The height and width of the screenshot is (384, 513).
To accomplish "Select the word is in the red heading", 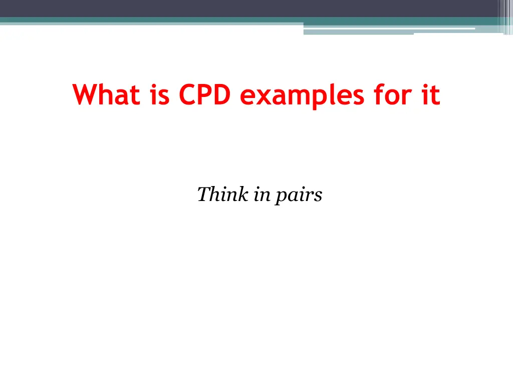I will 159,94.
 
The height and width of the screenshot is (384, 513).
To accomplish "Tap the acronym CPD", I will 203,94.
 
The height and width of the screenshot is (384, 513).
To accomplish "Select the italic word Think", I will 222,194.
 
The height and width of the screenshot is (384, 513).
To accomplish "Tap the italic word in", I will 261,194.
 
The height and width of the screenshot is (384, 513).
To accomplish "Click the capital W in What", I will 85,94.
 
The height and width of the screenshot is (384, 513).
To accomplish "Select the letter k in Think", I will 242,194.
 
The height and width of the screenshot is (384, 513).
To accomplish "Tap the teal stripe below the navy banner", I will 150,20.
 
